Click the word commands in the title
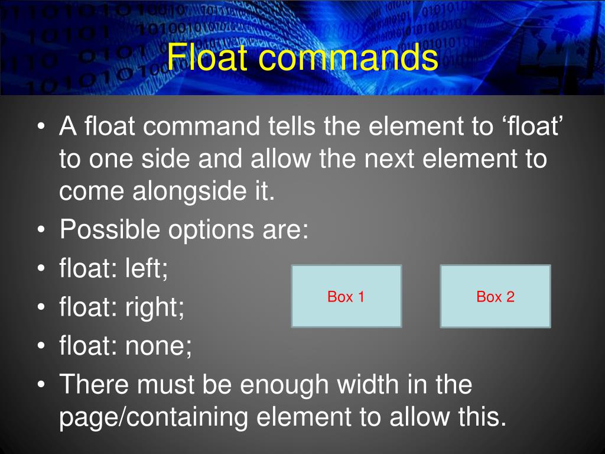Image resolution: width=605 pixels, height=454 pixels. point(343,58)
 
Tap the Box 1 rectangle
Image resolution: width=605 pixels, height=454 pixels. point(346,296)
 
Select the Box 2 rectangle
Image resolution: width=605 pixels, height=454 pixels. point(495,296)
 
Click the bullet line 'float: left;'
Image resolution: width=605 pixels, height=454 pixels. point(114,270)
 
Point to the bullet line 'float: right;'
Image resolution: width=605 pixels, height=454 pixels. point(122,307)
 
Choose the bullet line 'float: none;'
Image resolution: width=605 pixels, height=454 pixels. point(126,345)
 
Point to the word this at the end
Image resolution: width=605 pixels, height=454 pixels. point(483,417)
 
